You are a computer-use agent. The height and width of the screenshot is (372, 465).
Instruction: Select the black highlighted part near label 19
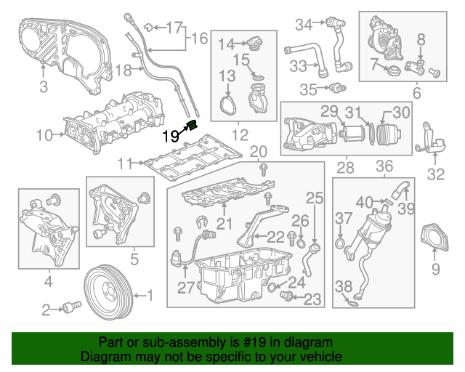[x=193, y=125]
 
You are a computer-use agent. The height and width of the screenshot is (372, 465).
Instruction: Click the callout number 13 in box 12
[x=227, y=75]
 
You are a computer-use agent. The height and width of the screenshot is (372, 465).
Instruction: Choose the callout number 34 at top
[x=303, y=25]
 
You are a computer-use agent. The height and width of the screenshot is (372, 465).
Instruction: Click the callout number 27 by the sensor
[x=186, y=288]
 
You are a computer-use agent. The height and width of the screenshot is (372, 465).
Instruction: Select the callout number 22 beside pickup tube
[x=276, y=236]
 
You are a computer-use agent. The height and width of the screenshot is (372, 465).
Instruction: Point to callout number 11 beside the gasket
[x=126, y=163]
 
